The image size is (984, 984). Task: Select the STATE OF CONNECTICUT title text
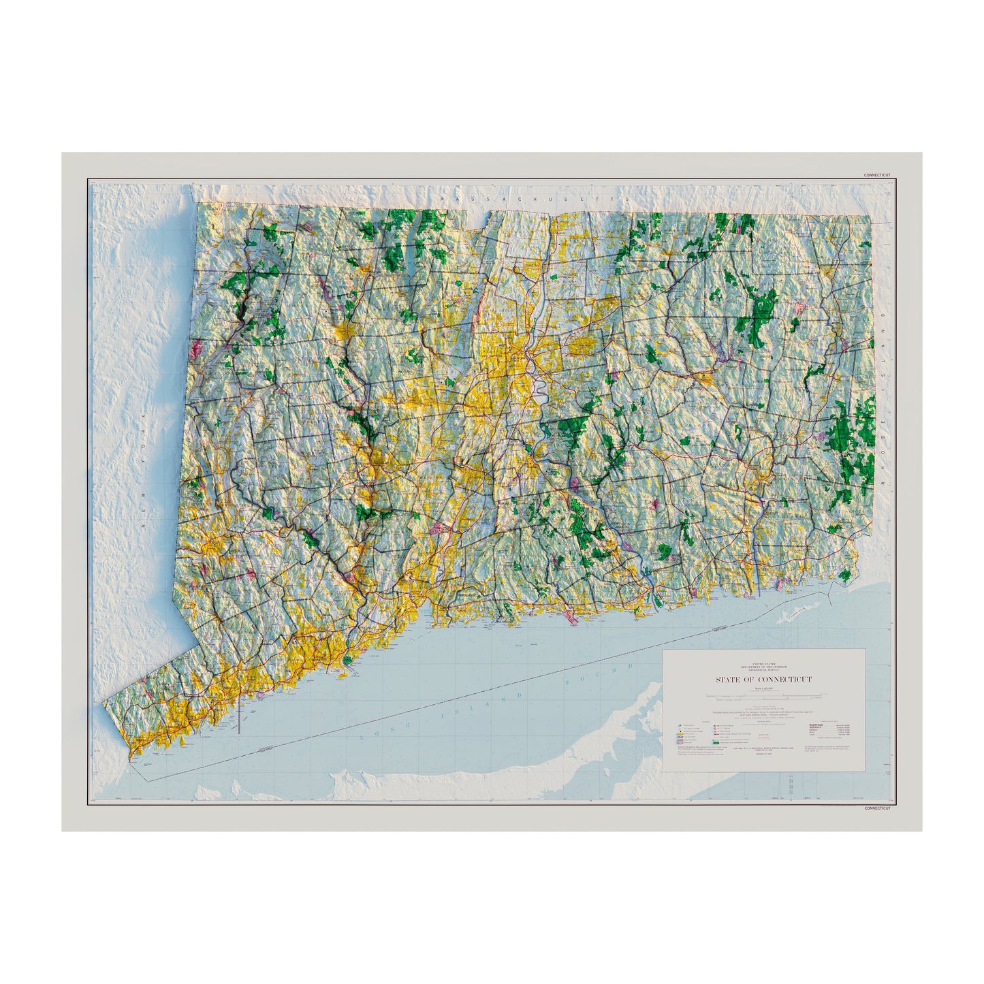763,680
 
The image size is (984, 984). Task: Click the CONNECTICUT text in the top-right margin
876,175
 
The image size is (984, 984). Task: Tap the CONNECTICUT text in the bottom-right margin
876,808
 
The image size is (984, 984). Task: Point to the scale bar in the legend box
763,696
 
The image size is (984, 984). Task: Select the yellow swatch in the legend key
680,734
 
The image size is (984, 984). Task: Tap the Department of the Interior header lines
763,667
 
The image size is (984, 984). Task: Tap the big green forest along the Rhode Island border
855,443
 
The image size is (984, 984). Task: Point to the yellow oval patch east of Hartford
581,347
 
